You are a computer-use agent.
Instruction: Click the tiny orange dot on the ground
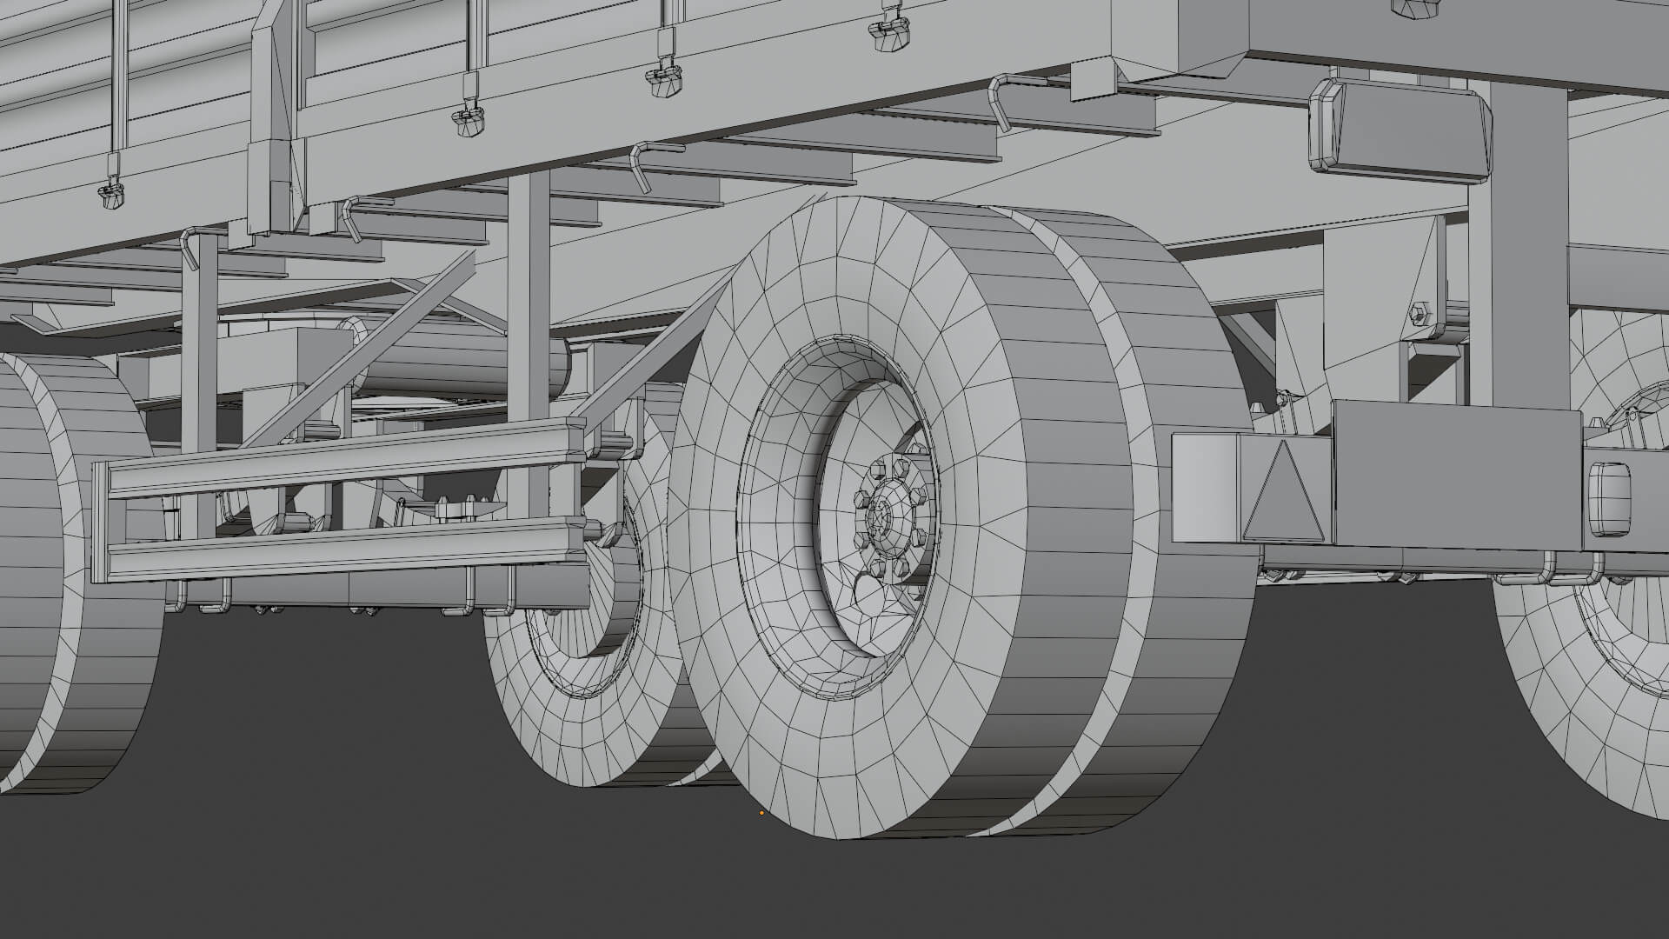761,813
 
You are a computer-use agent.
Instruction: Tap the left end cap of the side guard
100,522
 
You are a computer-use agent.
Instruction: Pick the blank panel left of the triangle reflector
1204,487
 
